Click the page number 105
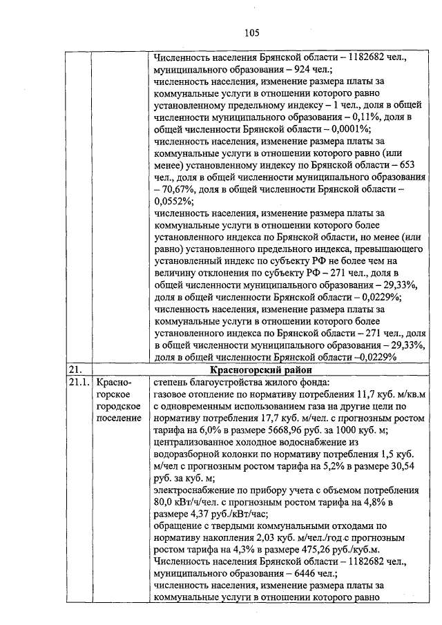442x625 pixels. click(251, 31)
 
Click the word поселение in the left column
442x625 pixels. click(119, 419)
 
